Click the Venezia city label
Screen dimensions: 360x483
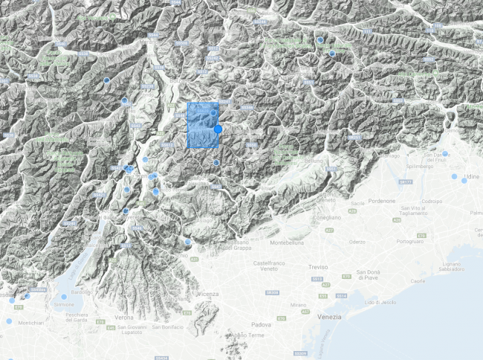coord(328,317)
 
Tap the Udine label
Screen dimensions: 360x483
coord(471,177)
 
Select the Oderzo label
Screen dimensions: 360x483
coord(358,241)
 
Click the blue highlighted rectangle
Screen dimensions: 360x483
coord(201,125)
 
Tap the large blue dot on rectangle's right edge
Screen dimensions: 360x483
coord(218,129)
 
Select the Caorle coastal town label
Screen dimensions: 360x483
coord(418,281)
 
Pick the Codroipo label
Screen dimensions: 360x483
coord(432,201)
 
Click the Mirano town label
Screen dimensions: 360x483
coord(298,305)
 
